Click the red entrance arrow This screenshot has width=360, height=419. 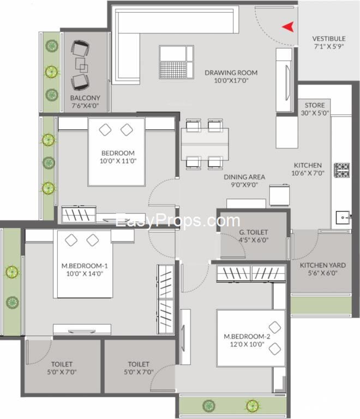(x=289, y=27)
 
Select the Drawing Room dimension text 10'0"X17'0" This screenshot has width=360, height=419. (x=231, y=80)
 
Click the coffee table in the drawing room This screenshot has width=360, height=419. (x=176, y=62)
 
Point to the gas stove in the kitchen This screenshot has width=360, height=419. (x=341, y=170)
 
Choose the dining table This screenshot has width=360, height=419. (x=205, y=144)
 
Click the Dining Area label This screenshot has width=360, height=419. (x=244, y=177)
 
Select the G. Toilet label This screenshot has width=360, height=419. (x=254, y=232)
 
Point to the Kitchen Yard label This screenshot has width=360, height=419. (x=323, y=265)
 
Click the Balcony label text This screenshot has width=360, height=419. (x=85, y=98)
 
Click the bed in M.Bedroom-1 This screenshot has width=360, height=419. (x=85, y=264)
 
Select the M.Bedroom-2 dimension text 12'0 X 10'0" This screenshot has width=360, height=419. (x=247, y=344)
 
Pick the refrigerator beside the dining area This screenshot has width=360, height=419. (x=279, y=195)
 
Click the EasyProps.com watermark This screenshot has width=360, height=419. (x=178, y=221)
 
